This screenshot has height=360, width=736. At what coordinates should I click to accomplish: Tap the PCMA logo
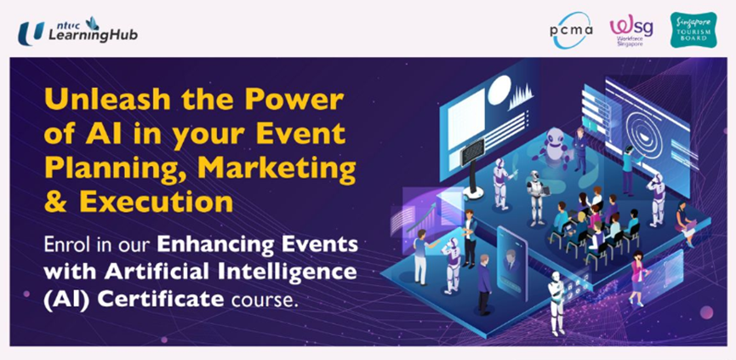571,30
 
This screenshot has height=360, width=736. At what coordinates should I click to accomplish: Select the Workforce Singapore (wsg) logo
630,30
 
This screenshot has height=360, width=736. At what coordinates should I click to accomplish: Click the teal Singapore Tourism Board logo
693,30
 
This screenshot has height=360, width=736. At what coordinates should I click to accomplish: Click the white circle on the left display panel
499,89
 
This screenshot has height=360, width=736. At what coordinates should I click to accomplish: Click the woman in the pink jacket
637,277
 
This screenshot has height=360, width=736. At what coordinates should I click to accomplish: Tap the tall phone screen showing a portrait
511,262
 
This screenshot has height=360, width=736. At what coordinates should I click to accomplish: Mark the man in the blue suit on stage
580,149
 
